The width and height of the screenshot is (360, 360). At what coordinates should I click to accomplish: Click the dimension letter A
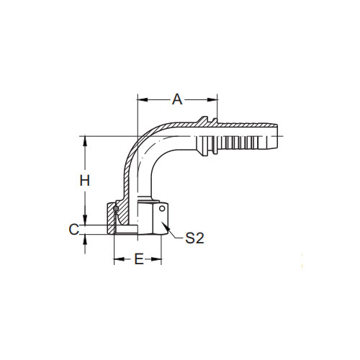[177, 99]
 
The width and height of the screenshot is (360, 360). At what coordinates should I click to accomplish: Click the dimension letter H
[85, 181]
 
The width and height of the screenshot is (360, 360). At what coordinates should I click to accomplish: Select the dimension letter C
[74, 230]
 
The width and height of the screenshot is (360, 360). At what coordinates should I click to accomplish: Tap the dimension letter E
[139, 259]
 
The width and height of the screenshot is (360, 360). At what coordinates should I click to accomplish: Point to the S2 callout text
[194, 238]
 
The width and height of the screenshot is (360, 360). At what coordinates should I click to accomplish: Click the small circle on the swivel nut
[162, 209]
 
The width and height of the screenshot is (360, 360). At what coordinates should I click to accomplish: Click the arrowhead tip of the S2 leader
[162, 222]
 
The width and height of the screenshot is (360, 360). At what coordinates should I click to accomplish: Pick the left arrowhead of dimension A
[142, 99]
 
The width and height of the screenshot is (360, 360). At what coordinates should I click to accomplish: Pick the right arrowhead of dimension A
[212, 99]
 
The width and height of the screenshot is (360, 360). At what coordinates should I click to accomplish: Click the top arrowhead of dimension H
[85, 141]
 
